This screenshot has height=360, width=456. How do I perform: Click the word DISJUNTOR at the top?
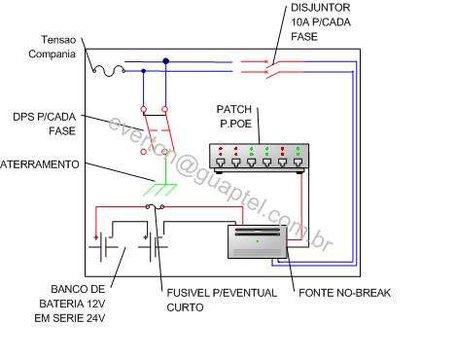[320, 8]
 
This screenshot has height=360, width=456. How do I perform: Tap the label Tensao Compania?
[53, 47]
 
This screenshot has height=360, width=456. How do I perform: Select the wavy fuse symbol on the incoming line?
[109, 71]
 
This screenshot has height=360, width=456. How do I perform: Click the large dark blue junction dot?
[166, 61]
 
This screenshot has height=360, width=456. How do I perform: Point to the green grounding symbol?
[159, 190]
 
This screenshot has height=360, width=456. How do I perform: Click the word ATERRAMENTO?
[40, 164]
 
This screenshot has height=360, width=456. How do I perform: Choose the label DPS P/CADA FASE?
[45, 124]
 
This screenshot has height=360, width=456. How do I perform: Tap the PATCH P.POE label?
[234, 116]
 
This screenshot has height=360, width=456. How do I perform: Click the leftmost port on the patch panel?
[221, 162]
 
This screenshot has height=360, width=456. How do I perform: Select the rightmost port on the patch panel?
[298, 162]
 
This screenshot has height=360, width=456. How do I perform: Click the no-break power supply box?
[258, 241]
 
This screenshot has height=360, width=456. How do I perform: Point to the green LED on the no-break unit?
[258, 241]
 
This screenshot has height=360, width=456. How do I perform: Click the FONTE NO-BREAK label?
[344, 293]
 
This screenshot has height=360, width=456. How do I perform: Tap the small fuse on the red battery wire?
[155, 206]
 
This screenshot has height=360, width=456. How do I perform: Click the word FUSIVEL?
[188, 293]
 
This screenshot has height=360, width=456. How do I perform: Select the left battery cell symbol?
[103, 247]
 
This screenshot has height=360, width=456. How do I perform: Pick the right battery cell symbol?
[153, 247]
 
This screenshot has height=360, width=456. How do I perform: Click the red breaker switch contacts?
[271, 68]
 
